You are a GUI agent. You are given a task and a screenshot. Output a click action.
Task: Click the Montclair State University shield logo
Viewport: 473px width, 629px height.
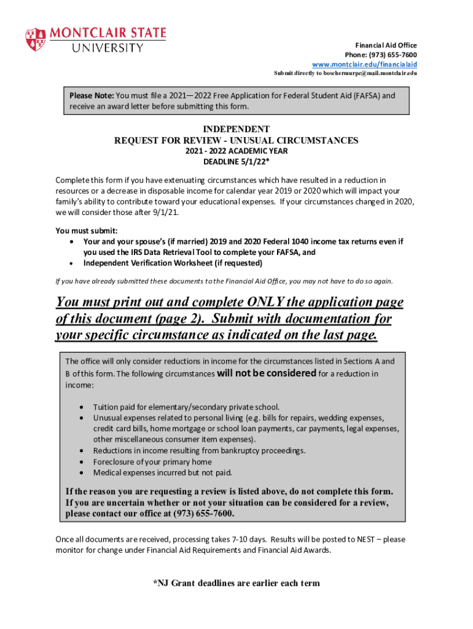click(x=34, y=39)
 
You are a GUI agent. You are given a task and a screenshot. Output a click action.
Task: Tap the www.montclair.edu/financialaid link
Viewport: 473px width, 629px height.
click(x=364, y=64)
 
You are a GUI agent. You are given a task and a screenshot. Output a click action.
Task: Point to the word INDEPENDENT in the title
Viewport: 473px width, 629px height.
click(x=236, y=129)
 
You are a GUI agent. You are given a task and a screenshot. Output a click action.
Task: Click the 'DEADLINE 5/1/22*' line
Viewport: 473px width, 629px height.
click(x=236, y=162)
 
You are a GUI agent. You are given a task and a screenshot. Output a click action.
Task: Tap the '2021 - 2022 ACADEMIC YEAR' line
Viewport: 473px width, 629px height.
click(x=236, y=151)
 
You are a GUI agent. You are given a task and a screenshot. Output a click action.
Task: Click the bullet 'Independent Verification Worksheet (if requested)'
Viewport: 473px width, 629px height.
click(x=173, y=263)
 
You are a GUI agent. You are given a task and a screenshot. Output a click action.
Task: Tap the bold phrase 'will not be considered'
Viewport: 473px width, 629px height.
click(x=267, y=373)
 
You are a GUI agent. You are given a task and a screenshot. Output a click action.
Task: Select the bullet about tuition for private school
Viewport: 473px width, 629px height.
click(x=186, y=407)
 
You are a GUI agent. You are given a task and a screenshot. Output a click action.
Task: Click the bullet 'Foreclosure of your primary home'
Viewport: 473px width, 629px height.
click(x=152, y=461)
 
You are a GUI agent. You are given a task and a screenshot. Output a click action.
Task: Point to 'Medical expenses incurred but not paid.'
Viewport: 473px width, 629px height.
click(x=163, y=472)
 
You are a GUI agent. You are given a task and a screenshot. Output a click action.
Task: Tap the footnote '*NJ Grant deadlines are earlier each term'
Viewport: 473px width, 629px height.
click(x=236, y=583)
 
